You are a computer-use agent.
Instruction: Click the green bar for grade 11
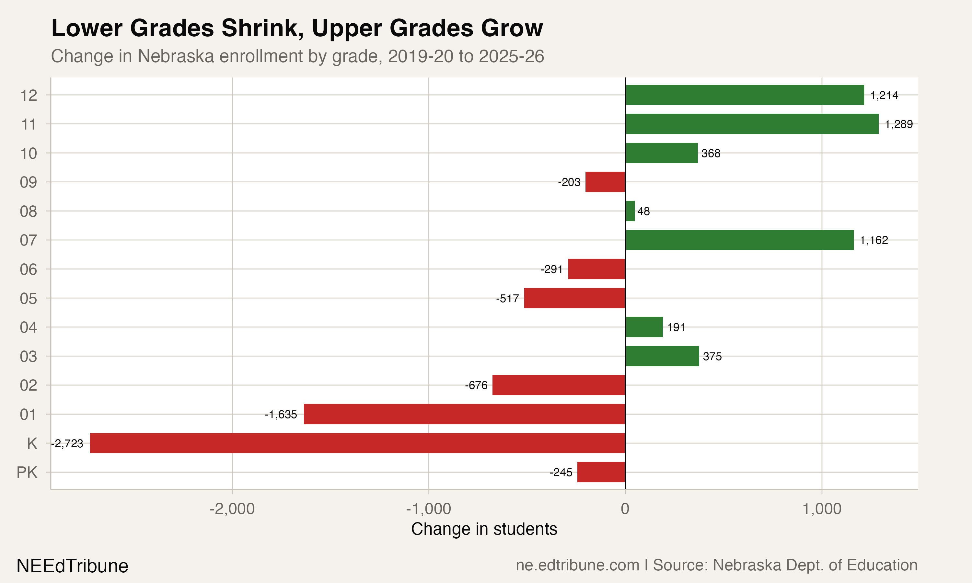(752, 124)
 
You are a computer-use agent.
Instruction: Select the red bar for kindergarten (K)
(357, 443)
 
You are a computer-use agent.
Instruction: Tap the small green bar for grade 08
(630, 211)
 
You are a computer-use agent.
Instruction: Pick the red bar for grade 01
(464, 414)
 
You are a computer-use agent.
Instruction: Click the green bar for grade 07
(739, 240)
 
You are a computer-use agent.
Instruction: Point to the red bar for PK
(601, 472)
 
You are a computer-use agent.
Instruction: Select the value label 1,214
(884, 95)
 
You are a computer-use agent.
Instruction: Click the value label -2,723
(67, 443)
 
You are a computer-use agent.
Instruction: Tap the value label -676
(476, 385)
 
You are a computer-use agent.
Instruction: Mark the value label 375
(712, 356)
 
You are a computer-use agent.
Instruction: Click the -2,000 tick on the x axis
(232, 509)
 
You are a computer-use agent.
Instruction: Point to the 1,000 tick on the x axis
(822, 509)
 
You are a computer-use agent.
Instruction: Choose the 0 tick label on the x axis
(625, 509)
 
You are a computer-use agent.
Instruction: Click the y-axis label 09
(28, 182)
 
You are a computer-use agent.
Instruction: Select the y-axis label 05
(28, 299)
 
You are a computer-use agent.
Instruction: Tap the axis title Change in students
(484, 529)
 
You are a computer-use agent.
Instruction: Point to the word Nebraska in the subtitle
(176, 56)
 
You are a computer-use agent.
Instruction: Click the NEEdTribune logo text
(72, 566)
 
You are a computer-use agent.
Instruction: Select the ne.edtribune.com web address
(578, 565)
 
